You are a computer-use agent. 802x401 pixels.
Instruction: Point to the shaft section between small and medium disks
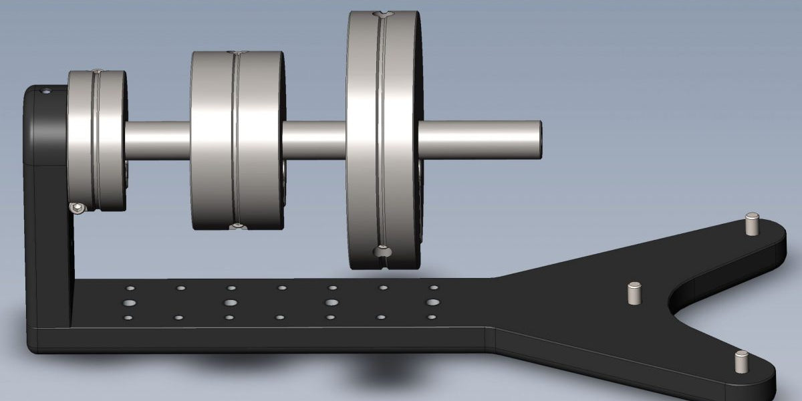(158, 140)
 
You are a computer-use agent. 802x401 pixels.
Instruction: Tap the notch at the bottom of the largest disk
(381, 252)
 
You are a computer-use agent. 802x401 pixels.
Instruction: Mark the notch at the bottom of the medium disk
(237, 227)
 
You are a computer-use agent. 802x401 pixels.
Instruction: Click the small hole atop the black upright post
(46, 91)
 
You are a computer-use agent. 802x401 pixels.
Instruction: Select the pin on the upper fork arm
(752, 223)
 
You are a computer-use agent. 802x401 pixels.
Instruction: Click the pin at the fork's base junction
(634, 293)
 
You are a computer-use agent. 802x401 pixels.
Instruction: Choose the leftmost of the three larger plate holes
(230, 303)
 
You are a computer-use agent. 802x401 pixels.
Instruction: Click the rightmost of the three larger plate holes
(432, 303)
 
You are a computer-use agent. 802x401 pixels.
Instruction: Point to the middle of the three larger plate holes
(331, 303)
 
